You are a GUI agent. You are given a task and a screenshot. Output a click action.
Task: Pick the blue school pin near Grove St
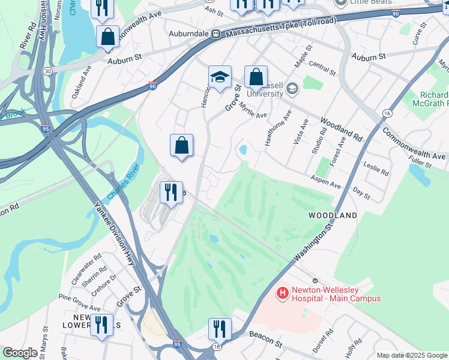click(220, 77)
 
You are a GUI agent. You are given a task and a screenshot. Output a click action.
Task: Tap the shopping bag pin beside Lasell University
click(256, 77)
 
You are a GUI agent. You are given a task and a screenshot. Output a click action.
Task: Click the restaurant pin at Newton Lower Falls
click(101, 325)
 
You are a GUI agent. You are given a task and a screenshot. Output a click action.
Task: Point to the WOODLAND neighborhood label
click(333, 215)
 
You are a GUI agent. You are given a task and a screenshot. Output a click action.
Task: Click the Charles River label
click(123, 182)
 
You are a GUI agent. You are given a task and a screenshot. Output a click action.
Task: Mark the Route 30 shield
click(47, 71)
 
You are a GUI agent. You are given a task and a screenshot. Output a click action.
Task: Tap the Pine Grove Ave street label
click(79, 302)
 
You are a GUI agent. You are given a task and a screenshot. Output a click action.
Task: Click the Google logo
click(20, 353)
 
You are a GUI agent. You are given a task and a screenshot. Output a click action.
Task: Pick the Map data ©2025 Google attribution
click(412, 355)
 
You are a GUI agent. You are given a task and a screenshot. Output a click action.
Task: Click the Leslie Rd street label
click(376, 167)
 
